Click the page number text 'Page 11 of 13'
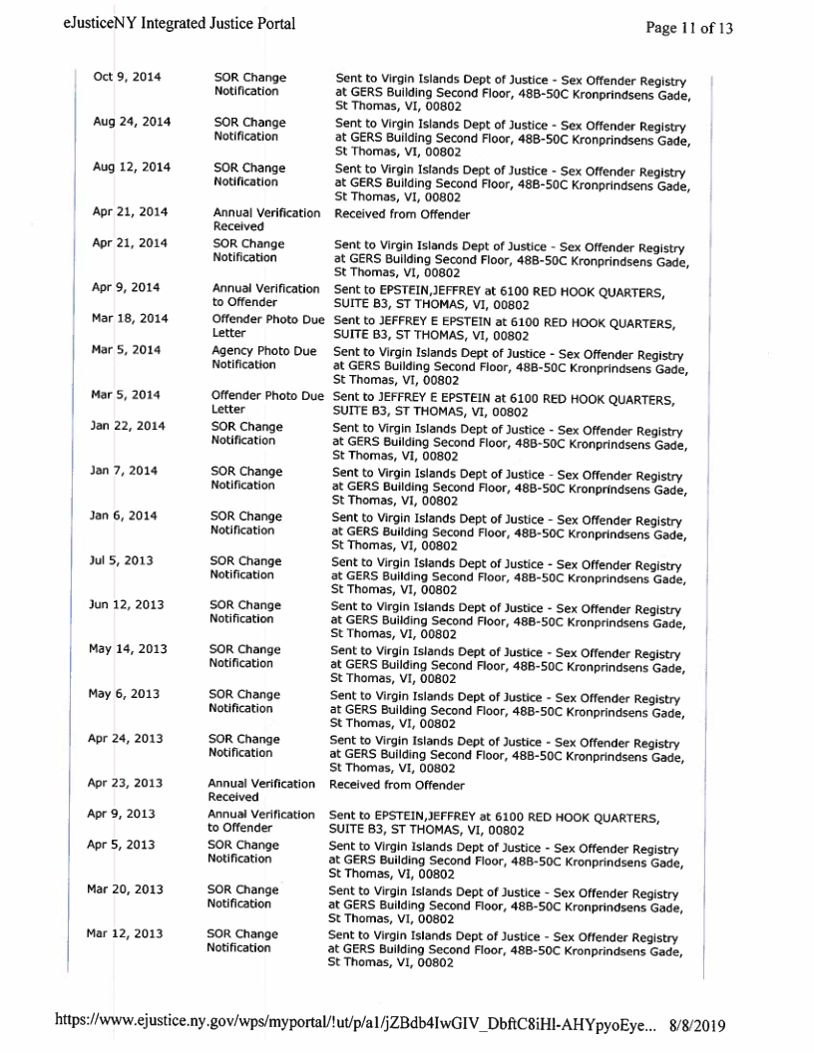tap(689, 28)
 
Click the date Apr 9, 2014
tap(126, 288)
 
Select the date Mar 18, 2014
tap(130, 318)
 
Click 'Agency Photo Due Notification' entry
tap(263, 357)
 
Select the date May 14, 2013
tap(128, 650)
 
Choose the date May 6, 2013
tap(125, 695)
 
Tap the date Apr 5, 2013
tap(121, 844)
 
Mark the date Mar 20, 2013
tap(127, 888)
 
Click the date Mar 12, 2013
tap(127, 934)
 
